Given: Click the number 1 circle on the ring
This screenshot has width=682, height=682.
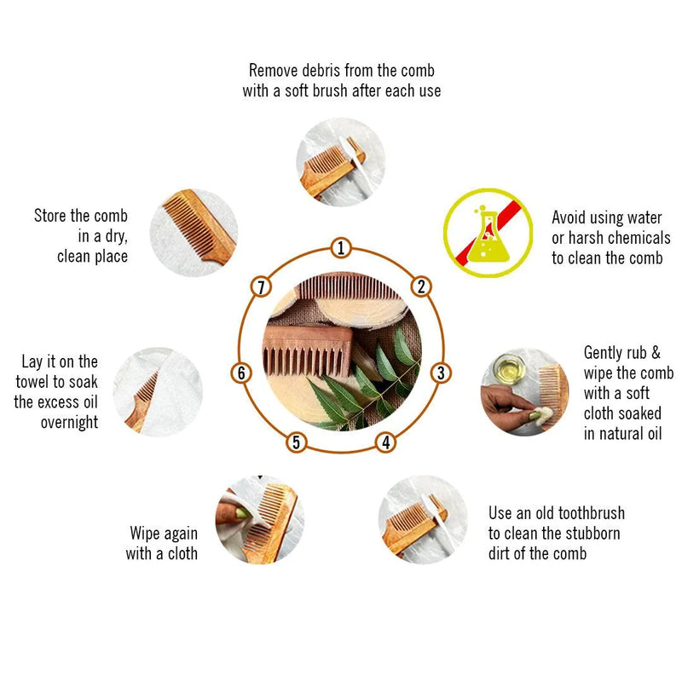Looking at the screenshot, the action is pyautogui.click(x=341, y=248).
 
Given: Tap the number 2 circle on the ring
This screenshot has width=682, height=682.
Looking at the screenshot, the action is pyautogui.click(x=421, y=286).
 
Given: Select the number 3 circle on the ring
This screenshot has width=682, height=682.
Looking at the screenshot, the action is pyautogui.click(x=441, y=373).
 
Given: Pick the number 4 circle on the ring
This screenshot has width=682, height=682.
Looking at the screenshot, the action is pyautogui.click(x=386, y=442).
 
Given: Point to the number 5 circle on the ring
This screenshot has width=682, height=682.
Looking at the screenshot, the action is pyautogui.click(x=296, y=442).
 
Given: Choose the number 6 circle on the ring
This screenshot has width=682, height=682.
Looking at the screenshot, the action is pyautogui.click(x=241, y=373).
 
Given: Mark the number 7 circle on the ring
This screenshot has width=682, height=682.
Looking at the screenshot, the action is pyautogui.click(x=261, y=287).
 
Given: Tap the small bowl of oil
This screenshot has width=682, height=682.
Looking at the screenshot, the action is pyautogui.click(x=510, y=369).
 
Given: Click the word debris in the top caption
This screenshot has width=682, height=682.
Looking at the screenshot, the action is pyautogui.click(x=321, y=71).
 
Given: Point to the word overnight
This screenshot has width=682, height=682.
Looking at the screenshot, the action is pyautogui.click(x=70, y=422).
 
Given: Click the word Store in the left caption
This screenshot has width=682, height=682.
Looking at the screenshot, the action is pyautogui.click(x=50, y=216).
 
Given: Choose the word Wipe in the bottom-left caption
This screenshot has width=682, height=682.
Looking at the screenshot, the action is pyautogui.click(x=145, y=534).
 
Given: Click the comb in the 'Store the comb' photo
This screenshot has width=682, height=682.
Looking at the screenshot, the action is pyautogui.click(x=199, y=227).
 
